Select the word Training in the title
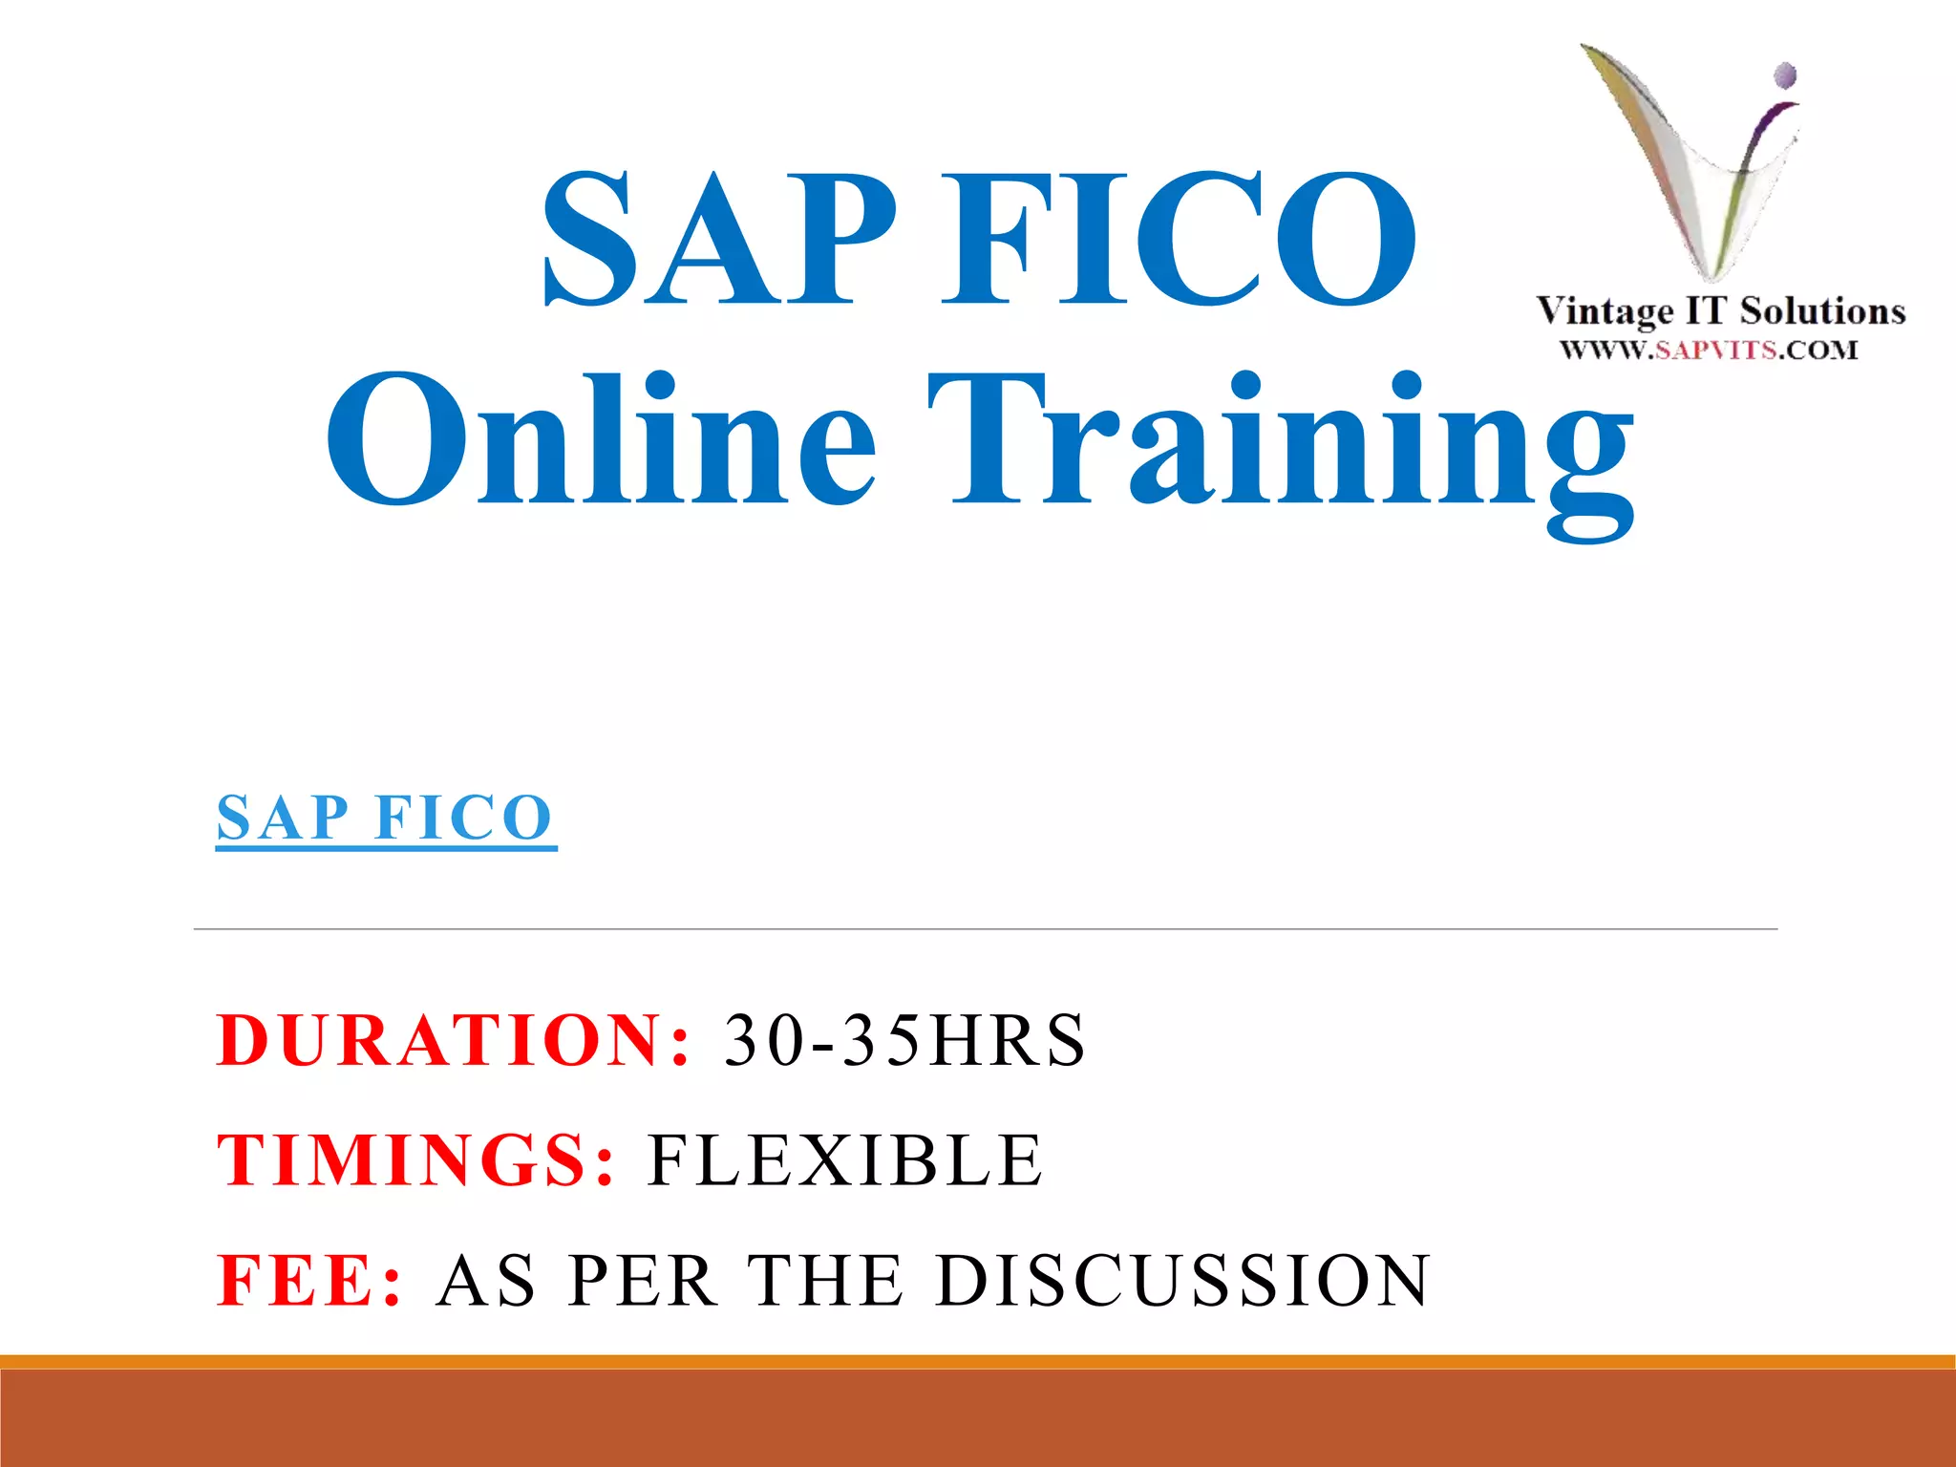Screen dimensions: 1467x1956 [1280, 449]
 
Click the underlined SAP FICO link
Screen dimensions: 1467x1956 [385, 819]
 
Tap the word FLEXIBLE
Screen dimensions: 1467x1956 [846, 1159]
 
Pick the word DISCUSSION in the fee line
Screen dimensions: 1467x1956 [1183, 1280]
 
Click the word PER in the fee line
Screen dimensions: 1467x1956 [643, 1280]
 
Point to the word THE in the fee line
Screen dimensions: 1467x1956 [825, 1280]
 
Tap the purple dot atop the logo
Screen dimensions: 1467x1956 [1785, 74]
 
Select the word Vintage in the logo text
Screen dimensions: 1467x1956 [1605, 311]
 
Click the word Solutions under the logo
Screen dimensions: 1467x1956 [1822, 311]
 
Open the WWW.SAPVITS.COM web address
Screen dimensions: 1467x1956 [1709, 350]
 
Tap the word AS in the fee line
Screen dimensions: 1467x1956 [486, 1280]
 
